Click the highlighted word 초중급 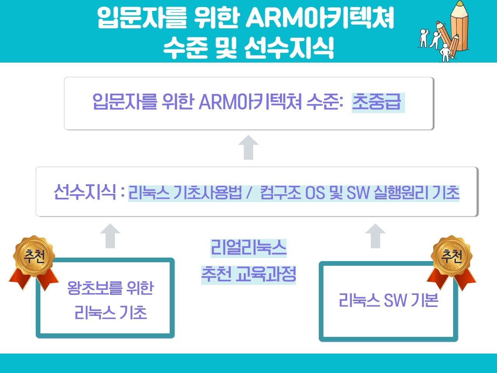pos(377,102)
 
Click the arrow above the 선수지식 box pos(248,147)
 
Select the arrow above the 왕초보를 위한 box pos(110,236)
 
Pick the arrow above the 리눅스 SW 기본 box pos(375,236)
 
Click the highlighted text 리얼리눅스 pos(248,248)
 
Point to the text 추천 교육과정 pos(248,275)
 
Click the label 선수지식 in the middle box pos(85,192)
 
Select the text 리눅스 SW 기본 pos(389,300)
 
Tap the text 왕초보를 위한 pos(111,288)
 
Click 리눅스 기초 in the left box pos(111,312)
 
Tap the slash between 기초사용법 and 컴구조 pos(249,193)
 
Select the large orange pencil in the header pos(459,26)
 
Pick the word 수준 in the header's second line pos(186,47)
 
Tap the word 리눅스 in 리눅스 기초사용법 pos(149,193)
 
